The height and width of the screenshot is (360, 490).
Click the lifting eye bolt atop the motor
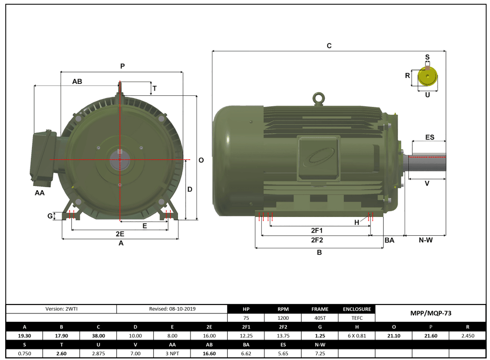[317, 98]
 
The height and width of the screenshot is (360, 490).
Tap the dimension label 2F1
[317, 230]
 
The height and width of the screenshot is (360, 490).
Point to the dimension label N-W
[425, 240]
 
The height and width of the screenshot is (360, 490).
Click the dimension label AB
[77, 81]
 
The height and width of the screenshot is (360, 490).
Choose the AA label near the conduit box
[40, 193]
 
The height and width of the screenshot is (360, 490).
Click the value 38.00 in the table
[98, 335]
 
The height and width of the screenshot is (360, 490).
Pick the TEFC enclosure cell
[357, 318]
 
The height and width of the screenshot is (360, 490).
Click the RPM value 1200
[283, 318]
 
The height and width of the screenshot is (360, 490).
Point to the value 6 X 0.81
[357, 335]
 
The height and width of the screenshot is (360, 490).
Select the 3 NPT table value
[172, 353]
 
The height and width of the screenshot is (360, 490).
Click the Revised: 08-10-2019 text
[172, 309]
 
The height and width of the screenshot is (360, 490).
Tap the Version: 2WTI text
[61, 309]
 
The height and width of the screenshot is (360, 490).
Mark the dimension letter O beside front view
[201, 160]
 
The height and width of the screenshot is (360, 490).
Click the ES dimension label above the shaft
[429, 137]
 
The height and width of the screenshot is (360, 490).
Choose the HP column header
[246, 309]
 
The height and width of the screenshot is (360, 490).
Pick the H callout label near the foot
[357, 222]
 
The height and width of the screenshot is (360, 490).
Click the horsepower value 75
[246, 318]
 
